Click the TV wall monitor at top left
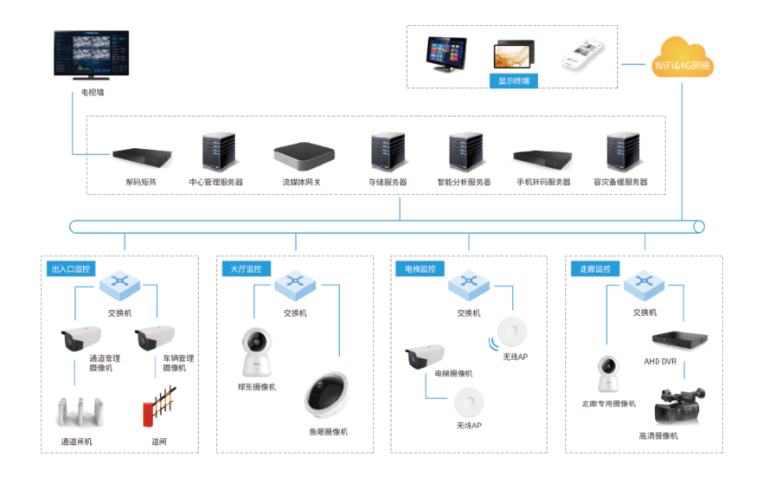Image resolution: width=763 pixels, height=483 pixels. (x=92, y=55)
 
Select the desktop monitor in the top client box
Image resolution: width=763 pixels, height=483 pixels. (x=446, y=55)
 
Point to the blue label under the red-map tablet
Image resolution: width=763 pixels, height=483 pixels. (x=514, y=81)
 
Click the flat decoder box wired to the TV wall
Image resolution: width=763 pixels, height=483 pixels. (x=142, y=157)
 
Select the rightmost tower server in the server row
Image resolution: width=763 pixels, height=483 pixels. (x=622, y=152)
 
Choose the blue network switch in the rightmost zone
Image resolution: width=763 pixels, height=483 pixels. (x=643, y=284)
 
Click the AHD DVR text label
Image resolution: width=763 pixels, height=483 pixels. (x=661, y=360)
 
